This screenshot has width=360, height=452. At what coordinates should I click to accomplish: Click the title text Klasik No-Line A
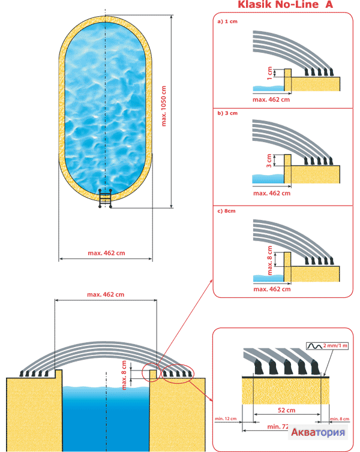[x=285, y=5]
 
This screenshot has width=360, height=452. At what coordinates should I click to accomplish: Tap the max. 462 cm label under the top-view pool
[x=106, y=254]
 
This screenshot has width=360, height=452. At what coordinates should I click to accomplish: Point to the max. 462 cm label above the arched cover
[x=106, y=294]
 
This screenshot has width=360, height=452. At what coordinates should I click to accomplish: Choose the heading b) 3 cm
[x=227, y=113]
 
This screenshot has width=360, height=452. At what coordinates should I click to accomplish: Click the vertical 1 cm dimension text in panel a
[x=271, y=74]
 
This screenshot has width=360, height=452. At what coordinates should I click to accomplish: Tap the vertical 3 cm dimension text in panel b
[x=271, y=161]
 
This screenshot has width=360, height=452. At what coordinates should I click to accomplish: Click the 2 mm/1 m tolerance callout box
[x=324, y=346]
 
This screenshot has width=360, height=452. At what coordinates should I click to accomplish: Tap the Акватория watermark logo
[x=318, y=433]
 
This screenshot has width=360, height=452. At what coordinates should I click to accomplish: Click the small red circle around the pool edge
[x=152, y=373]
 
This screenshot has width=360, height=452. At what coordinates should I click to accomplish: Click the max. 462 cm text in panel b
[x=272, y=193]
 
